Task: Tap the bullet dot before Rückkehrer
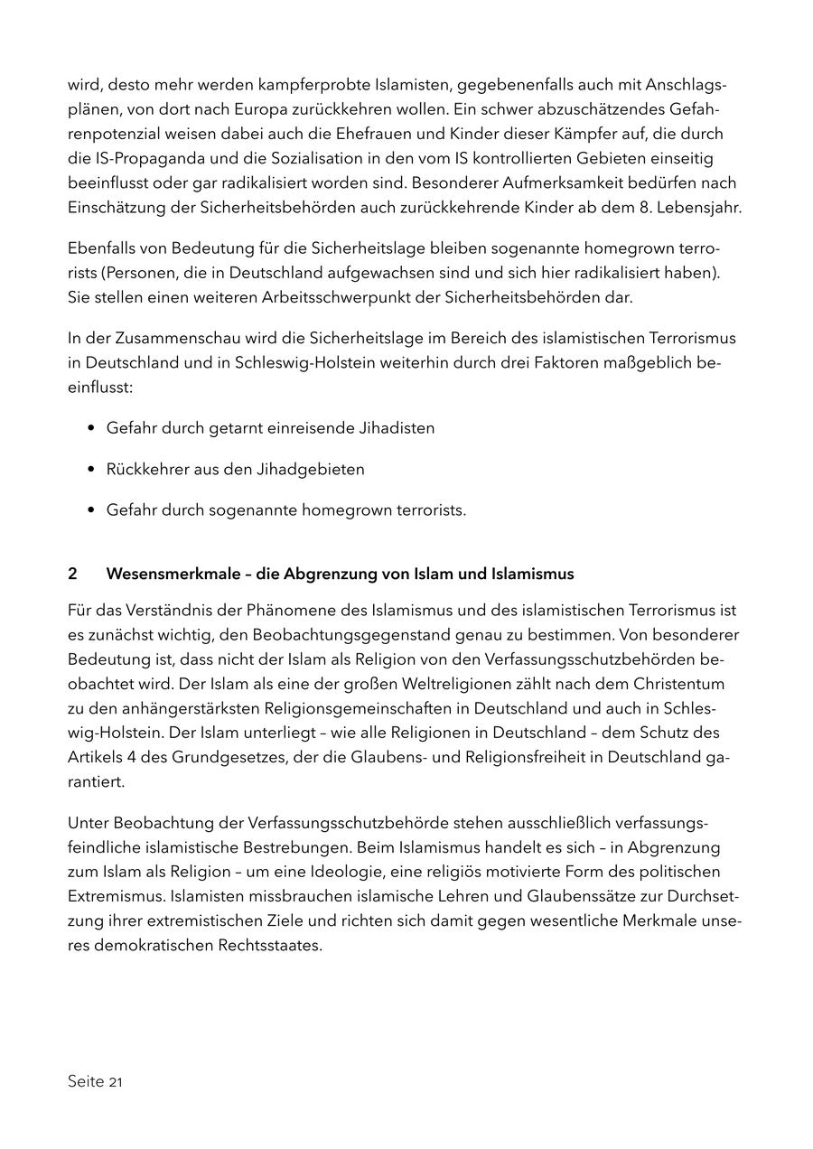[91, 470]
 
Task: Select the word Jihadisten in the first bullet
[390, 428]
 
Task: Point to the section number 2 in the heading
[72, 574]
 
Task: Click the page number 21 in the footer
[116, 1082]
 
